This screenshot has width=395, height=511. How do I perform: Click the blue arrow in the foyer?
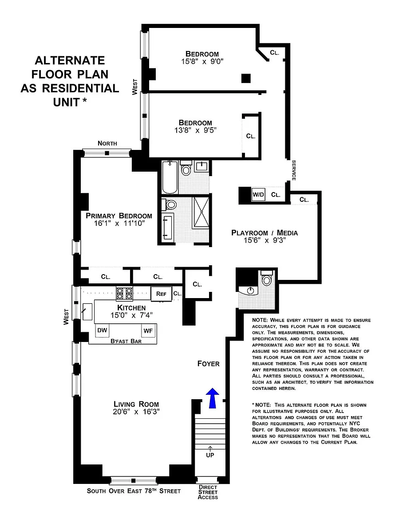pyautogui.click(x=212, y=398)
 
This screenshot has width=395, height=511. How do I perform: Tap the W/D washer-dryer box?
pyautogui.click(x=258, y=195)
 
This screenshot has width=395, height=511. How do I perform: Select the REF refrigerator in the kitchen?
pyautogui.click(x=161, y=294)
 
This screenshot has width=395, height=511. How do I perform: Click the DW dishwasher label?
pyautogui.click(x=102, y=330)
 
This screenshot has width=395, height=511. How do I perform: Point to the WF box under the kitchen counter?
pyautogui.click(x=148, y=331)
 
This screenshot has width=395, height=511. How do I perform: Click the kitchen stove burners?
pyautogui.click(x=125, y=293)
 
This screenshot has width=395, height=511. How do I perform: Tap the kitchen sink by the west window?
pyautogui.click(x=87, y=311)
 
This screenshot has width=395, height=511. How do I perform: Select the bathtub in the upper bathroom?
pyautogui.click(x=170, y=177)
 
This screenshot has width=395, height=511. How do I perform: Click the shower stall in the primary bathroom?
pyautogui.click(x=201, y=212)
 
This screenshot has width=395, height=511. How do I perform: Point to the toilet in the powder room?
pyautogui.click(x=266, y=278)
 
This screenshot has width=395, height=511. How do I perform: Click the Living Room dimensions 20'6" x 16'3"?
pyautogui.click(x=136, y=412)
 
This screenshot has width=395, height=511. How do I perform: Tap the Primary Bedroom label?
pyautogui.click(x=119, y=216)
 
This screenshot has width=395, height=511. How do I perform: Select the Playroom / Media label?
pyautogui.click(x=265, y=233)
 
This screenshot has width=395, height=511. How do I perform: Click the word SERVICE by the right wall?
pyautogui.click(x=293, y=170)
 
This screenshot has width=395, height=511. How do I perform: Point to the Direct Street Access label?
pyautogui.click(x=208, y=492)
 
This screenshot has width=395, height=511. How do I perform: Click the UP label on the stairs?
pyautogui.click(x=210, y=455)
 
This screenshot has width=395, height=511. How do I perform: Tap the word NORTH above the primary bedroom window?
pyautogui.click(x=107, y=143)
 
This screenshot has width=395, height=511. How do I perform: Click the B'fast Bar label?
pyautogui.click(x=126, y=341)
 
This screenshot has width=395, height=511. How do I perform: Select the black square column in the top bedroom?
pyautogui.click(x=246, y=78)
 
